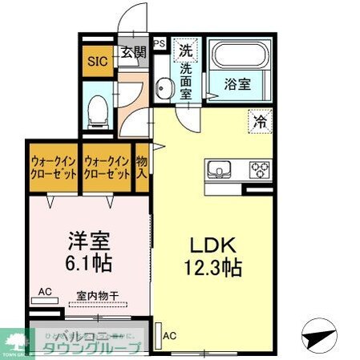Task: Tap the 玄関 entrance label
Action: pos(134,54)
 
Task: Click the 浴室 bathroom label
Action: pos(240,83)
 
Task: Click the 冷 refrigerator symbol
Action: pos(260,122)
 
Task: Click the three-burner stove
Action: pos(261,171)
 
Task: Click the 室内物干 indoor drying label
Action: pos(97,296)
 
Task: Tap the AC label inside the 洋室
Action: pos(44,292)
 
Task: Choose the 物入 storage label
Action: pos(141,167)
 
